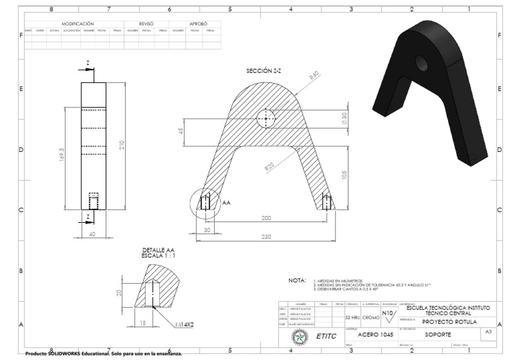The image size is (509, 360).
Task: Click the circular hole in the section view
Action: coord(266,119)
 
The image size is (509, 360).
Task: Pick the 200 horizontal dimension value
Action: coord(266,218)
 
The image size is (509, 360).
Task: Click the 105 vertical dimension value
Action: coord(344,176)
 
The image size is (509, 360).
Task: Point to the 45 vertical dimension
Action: coord(181,131)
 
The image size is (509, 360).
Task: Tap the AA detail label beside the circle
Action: coord(226,202)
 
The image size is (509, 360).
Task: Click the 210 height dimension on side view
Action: coord(122,145)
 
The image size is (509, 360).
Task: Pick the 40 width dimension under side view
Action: coord(92,233)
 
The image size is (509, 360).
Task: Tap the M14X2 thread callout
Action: coord(186,326)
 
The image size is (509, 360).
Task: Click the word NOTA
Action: coord(296,281)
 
